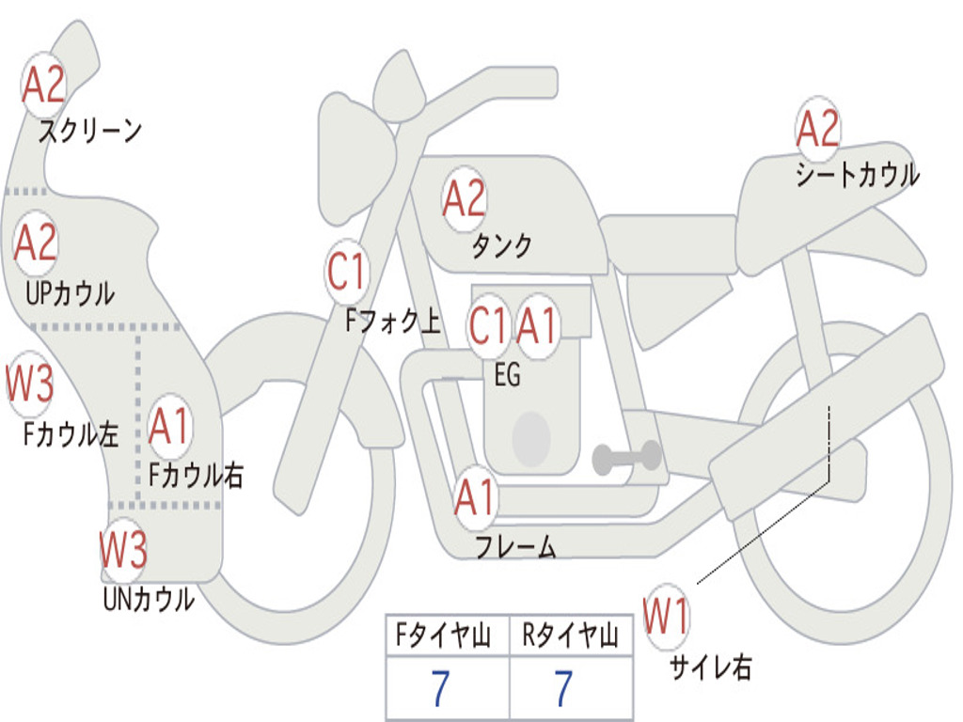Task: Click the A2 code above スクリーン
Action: pyautogui.click(x=43, y=85)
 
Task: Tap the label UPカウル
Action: pyautogui.click(x=70, y=293)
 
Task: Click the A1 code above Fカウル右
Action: pyautogui.click(x=170, y=427)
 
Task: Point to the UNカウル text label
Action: pyautogui.click(x=149, y=599)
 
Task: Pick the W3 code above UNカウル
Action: pyautogui.click(x=124, y=550)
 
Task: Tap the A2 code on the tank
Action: pyautogui.click(x=465, y=198)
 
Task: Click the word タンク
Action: pyautogui.click(x=501, y=245)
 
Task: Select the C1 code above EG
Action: pyautogui.click(x=489, y=326)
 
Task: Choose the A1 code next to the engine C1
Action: pyautogui.click(x=538, y=326)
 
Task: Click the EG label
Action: pyautogui.click(x=507, y=375)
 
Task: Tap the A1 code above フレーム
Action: pyautogui.click(x=476, y=496)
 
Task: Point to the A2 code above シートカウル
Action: pyautogui.click(x=817, y=129)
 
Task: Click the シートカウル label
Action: pyautogui.click(x=857, y=176)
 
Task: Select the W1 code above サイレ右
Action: pyautogui.click(x=666, y=617)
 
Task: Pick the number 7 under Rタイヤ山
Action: pyautogui.click(x=563, y=689)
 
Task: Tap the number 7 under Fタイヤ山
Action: pyautogui.click(x=439, y=689)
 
